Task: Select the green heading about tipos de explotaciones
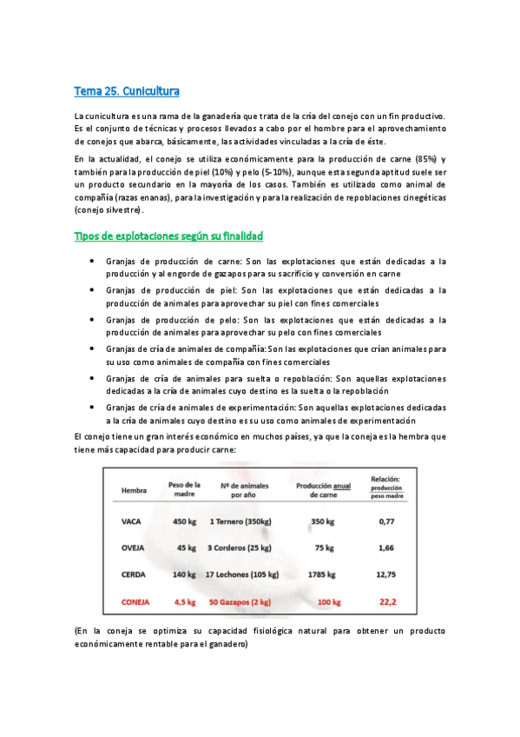(x=168, y=236)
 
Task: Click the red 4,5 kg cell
(x=186, y=601)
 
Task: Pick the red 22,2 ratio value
(x=387, y=601)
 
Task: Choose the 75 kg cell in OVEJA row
(x=324, y=548)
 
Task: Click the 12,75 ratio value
(x=387, y=574)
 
